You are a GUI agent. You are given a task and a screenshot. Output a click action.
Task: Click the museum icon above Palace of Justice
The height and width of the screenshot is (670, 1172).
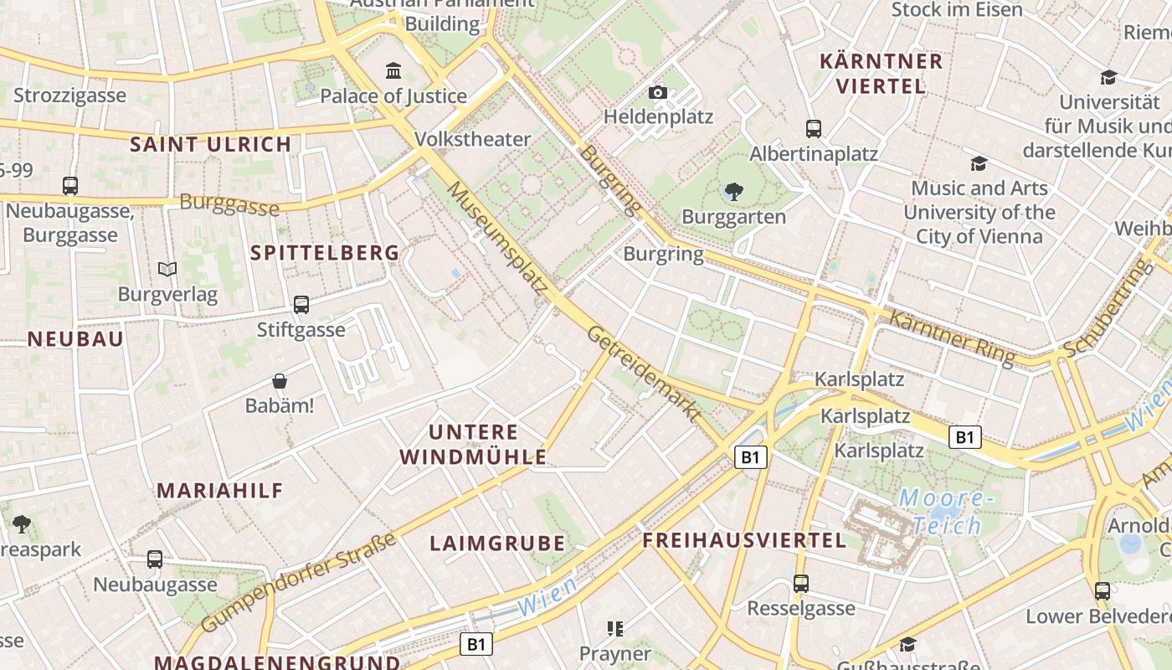tap(393, 70)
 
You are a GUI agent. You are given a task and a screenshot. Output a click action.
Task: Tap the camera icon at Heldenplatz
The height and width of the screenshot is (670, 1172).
tap(658, 92)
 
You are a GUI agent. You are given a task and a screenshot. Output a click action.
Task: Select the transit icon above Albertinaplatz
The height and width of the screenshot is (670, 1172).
tap(814, 129)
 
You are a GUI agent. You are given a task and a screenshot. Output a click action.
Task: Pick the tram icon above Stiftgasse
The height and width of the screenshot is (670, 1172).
tap(301, 305)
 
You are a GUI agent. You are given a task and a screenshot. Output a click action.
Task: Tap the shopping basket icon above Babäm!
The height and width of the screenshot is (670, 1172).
tap(280, 381)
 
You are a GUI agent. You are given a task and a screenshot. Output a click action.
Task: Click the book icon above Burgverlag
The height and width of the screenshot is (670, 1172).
tap(167, 270)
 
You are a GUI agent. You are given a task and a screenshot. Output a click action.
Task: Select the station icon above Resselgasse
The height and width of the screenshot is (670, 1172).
tap(801, 584)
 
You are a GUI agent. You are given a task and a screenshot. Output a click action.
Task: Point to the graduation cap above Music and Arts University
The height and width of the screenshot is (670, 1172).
tap(979, 163)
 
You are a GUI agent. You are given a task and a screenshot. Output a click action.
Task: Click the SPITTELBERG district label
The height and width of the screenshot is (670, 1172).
tap(325, 253)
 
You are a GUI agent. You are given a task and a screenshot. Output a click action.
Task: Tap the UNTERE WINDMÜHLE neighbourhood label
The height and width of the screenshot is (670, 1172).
tap(473, 445)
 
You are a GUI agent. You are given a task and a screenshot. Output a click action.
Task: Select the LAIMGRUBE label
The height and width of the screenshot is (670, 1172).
tap(497, 544)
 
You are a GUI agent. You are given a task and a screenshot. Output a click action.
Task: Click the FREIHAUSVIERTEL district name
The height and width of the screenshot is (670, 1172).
tap(744, 540)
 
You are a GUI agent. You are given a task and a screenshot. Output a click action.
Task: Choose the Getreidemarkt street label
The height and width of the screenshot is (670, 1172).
tap(644, 373)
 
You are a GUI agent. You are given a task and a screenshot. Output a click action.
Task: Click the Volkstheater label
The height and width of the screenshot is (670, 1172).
tap(473, 139)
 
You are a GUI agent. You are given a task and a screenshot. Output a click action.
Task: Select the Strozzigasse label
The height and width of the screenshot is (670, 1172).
tap(69, 95)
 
